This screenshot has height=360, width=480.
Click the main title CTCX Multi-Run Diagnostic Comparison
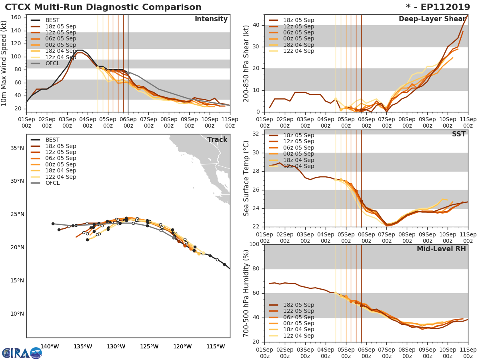[103, 7]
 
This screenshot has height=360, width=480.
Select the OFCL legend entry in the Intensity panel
[52, 63]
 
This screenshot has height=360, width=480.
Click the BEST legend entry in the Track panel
[52, 140]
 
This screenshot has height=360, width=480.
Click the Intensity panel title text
[211, 19]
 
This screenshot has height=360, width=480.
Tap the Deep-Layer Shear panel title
[432, 19]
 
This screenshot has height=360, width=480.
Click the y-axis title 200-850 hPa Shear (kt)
[247, 63]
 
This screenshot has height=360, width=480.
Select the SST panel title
[458, 134]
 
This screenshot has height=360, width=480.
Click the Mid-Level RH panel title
[441, 249]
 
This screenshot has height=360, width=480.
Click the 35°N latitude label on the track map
[16, 148]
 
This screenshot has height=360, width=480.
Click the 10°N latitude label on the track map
[16, 313]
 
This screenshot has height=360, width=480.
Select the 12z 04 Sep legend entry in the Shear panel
[298, 51]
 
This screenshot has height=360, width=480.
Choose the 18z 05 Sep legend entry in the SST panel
[298, 135]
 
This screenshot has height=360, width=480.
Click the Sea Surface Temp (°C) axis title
[247, 178]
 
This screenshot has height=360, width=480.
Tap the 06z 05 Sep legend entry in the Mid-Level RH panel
[298, 317]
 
